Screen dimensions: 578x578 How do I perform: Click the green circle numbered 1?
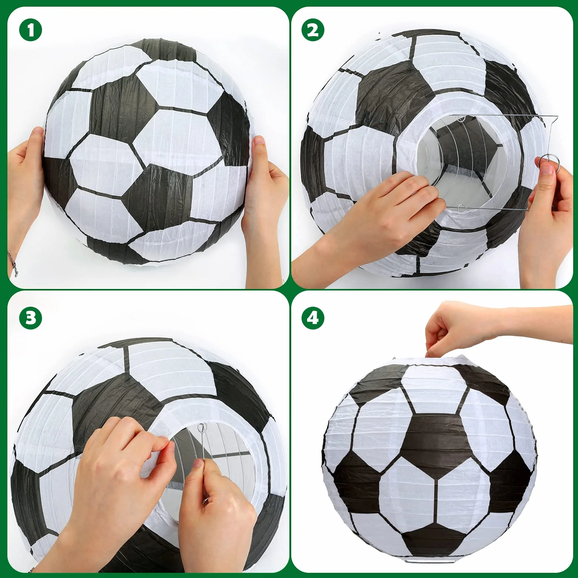[x=31, y=30]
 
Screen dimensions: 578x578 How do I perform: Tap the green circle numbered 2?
[x=313, y=30]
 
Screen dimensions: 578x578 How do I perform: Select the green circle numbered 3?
[x=31, y=317]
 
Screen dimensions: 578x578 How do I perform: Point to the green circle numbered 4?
[x=313, y=317]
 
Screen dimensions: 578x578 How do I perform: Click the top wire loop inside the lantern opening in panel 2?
[x=460, y=119]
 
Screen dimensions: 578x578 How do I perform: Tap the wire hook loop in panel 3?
[x=201, y=428]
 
